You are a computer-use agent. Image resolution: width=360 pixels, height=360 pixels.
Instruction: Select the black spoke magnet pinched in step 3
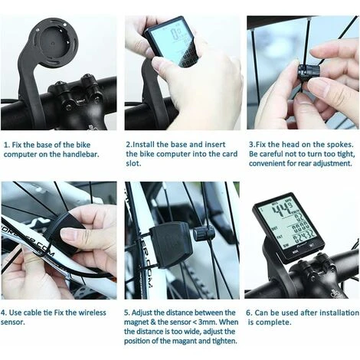(303, 70)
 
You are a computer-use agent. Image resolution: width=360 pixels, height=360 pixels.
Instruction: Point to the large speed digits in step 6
(284, 209)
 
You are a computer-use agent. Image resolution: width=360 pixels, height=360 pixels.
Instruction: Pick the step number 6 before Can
(248, 313)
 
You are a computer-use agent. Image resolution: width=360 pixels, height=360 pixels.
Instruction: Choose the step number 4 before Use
(5, 313)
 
